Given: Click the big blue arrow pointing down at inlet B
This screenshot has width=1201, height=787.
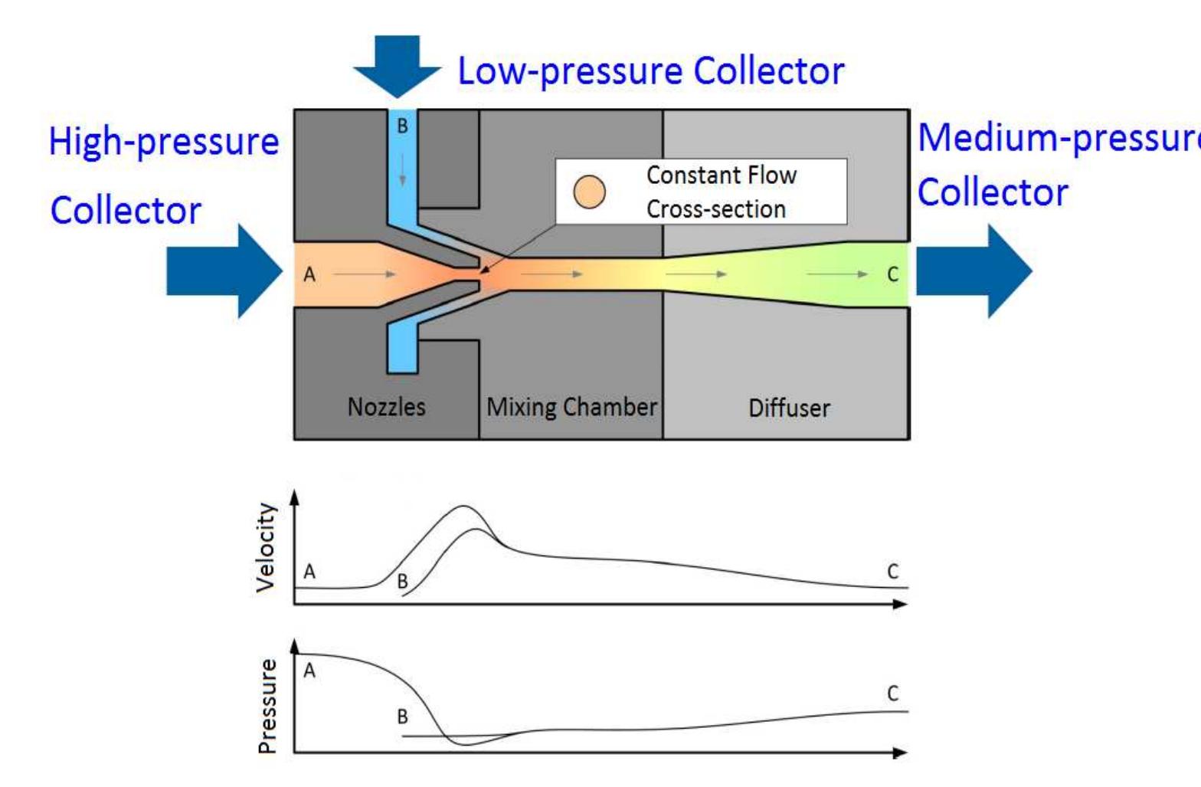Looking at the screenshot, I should click(398, 65).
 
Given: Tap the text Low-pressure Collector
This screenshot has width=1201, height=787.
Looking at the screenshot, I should click(650, 71).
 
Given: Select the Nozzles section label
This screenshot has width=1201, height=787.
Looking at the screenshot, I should click(386, 406).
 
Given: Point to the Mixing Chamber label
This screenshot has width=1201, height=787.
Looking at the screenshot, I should click(571, 406).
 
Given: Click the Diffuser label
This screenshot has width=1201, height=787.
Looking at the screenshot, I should click(788, 408).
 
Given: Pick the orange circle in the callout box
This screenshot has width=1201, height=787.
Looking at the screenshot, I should click(589, 192).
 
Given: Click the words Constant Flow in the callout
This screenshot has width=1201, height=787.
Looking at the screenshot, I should click(721, 175).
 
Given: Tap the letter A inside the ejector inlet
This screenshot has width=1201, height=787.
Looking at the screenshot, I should click(309, 274).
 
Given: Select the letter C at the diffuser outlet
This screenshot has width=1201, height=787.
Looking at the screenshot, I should click(892, 274).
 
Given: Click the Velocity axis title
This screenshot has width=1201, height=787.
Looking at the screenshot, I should click(266, 547).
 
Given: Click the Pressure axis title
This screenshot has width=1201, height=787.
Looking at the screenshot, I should click(267, 706).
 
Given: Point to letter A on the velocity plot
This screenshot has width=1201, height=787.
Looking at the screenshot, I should click(309, 572).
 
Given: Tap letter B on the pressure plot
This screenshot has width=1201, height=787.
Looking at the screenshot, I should click(402, 717).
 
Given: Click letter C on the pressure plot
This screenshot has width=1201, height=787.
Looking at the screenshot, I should click(892, 694).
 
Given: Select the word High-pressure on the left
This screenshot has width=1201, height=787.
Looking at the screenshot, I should click(164, 143).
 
